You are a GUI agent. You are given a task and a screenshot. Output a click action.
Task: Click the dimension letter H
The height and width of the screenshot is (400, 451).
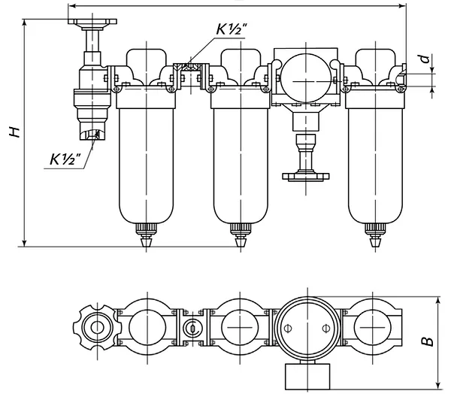(x=14, y=131)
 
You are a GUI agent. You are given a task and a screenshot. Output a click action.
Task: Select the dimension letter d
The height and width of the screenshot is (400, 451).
(x=425, y=59)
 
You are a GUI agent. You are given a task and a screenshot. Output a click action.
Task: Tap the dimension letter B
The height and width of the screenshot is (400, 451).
(x=428, y=341)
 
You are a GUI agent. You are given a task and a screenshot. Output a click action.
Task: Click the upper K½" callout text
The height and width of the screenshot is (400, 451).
(x=232, y=29)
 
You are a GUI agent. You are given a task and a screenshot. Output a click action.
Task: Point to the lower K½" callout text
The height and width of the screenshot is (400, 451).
(x=65, y=159)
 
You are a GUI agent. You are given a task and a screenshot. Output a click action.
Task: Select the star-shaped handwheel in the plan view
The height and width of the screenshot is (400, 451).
(x=97, y=328)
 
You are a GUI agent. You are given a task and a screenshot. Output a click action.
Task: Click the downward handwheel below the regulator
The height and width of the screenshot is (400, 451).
(x=306, y=176)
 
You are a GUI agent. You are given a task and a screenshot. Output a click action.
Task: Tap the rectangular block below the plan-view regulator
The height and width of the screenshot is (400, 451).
(x=307, y=377)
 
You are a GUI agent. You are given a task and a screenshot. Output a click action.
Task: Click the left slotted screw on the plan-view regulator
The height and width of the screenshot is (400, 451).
(x=288, y=328)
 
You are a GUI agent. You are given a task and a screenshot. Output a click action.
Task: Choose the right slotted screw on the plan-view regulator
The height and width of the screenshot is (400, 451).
(x=325, y=328)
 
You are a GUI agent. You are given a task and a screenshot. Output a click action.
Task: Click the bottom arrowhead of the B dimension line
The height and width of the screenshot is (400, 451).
(x=438, y=386)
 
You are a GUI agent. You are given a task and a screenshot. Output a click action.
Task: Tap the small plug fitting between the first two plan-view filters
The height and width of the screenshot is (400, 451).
(x=192, y=328)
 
